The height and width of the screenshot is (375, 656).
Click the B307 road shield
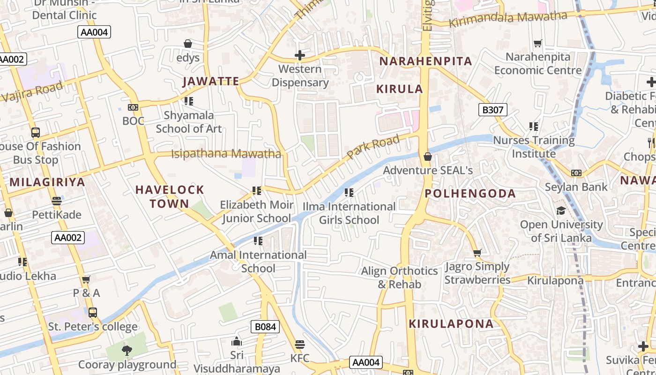tap(492, 110)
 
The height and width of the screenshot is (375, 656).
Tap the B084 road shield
tap(265, 327)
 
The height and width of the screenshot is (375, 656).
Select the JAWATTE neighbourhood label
tap(211, 81)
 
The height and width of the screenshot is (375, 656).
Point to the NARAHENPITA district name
tap(425, 61)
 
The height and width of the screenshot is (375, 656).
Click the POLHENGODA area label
tap(470, 193)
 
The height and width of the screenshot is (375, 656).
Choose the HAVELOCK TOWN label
tap(170, 196)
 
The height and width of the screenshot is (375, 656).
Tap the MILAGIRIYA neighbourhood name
tap(47, 182)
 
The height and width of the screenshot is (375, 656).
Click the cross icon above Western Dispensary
tap(299, 55)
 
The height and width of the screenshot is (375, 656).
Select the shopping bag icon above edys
tap(188, 44)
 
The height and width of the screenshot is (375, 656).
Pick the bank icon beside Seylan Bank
tap(576, 173)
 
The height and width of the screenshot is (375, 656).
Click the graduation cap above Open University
tap(561, 210)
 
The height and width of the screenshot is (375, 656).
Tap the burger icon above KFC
tap(300, 345)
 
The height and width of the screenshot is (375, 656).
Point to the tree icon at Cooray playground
tap(127, 350)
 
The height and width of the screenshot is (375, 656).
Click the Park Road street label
tap(373, 146)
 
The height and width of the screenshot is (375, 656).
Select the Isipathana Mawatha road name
tap(226, 154)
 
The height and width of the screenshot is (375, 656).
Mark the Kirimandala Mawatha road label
tap(508, 19)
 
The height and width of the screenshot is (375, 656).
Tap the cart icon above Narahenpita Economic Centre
tap(537, 43)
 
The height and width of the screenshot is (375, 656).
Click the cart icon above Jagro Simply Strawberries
tap(477, 253)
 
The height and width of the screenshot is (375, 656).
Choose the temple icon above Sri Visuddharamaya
tap(237, 341)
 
